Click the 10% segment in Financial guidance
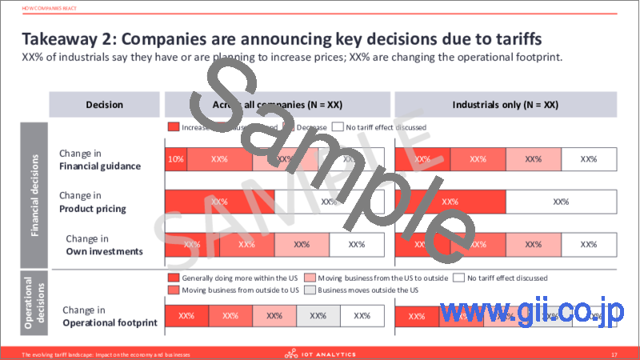point(175,159)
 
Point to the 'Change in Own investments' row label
point(103,245)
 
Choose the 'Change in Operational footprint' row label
point(106,317)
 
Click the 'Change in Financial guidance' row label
point(101,159)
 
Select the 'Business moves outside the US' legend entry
point(364,290)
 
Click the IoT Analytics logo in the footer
point(319,352)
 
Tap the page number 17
point(614,352)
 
